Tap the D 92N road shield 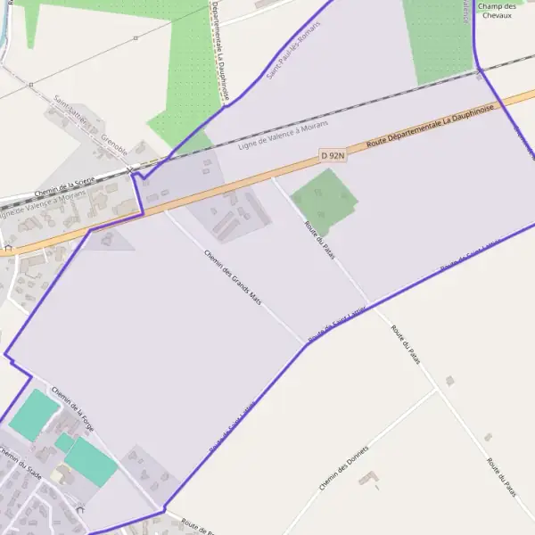coord(332,155)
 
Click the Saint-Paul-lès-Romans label coord(292,49)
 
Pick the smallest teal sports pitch coord(64,441)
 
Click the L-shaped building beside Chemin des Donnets coord(368,480)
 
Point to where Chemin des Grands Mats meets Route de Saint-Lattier coord(305,343)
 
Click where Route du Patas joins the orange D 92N coord(271,175)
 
